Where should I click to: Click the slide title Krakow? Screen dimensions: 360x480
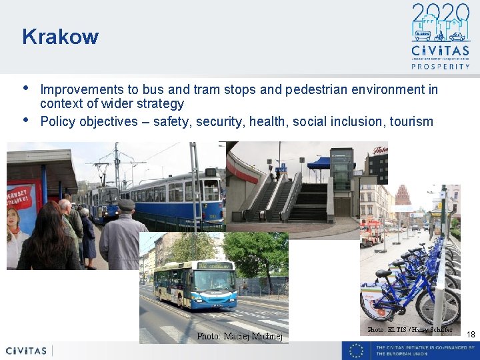[x=60, y=37]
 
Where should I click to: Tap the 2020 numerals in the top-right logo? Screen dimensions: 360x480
[x=440, y=14]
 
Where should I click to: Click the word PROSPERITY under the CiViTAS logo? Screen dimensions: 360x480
[x=440, y=66]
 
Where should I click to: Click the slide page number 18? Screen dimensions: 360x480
[x=471, y=335]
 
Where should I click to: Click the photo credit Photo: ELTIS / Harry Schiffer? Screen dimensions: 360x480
[x=409, y=330]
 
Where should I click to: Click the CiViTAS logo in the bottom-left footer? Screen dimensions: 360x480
[x=27, y=351]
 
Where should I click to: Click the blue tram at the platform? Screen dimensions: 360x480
[x=177, y=196]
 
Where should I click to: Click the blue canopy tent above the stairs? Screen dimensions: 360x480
[x=318, y=163]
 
